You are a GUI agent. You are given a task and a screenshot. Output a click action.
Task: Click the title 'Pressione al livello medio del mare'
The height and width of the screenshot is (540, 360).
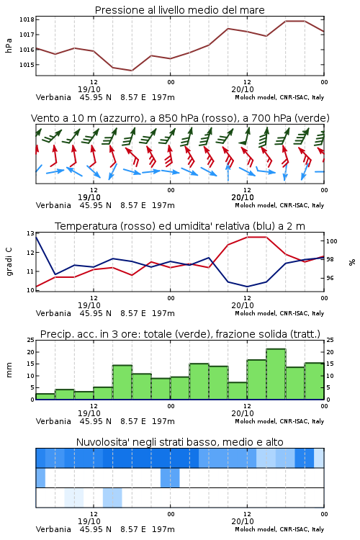tap(179, 10)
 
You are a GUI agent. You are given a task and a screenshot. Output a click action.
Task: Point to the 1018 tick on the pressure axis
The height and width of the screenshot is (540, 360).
tap(27, 19)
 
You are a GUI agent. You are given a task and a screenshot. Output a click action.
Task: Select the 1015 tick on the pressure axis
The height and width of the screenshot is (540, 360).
tap(27, 65)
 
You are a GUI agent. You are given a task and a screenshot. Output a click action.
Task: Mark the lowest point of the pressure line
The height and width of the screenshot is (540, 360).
tap(132, 71)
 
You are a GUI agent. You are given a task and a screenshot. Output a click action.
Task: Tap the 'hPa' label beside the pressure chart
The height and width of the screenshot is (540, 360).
tap(9, 45)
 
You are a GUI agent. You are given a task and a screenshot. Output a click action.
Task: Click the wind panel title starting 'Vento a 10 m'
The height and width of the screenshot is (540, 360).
tap(180, 118)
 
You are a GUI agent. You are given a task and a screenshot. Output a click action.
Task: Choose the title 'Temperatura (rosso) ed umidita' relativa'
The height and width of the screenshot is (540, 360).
tap(180, 226)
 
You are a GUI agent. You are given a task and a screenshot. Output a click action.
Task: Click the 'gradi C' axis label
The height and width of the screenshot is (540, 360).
tap(9, 262)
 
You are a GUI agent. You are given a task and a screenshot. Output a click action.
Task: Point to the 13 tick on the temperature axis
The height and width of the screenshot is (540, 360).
tap(30, 233)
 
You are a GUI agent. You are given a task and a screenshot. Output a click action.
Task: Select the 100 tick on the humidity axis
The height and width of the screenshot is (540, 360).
tap(331, 241)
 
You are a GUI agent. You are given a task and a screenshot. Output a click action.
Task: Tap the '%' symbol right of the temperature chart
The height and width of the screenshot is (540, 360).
tap(352, 262)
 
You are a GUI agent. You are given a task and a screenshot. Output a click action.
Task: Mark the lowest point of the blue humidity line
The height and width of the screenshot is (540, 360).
tap(247, 287)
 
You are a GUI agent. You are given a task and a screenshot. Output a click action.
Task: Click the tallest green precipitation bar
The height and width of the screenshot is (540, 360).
tap(276, 374)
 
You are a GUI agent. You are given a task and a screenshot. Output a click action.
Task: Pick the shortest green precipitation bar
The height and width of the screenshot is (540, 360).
tap(45, 397)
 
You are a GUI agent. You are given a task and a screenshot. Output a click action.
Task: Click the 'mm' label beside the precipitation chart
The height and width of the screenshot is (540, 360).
tap(9, 370)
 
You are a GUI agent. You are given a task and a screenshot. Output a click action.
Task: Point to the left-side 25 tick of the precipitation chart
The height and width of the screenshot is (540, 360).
tap(31, 341)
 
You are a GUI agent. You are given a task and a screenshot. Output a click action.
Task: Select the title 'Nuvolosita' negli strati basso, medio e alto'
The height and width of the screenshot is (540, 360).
tap(180, 442)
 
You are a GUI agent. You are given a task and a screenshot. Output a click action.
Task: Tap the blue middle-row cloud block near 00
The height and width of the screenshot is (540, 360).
tap(170, 477)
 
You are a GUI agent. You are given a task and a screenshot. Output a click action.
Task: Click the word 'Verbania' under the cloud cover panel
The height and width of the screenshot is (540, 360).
tap(53, 529)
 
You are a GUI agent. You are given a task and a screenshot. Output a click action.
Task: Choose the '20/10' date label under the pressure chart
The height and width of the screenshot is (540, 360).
tap(243, 89)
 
